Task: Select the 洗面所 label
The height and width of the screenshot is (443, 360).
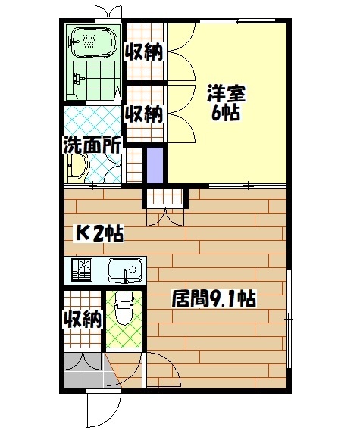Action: click(x=92, y=144)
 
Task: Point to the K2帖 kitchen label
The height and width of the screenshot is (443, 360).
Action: click(x=98, y=232)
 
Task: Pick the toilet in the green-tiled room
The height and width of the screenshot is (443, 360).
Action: click(x=124, y=307)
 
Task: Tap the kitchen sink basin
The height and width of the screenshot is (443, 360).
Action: click(x=124, y=270)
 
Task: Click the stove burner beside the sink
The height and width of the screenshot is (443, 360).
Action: click(x=80, y=270)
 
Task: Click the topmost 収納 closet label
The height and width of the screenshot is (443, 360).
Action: click(x=144, y=52)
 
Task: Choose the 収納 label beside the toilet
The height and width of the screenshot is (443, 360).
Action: click(x=82, y=319)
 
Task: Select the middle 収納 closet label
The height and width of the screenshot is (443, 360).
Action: click(x=144, y=114)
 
